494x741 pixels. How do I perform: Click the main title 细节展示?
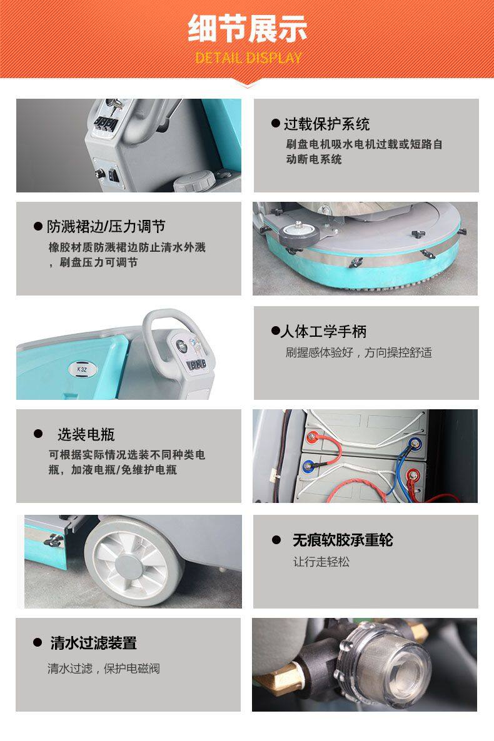[x=248, y=29]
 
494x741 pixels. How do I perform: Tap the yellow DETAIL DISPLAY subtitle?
[x=248, y=58]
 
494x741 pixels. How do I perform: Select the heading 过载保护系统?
[x=326, y=124]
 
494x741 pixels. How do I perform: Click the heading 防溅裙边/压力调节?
[x=106, y=226]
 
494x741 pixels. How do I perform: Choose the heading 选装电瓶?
[x=86, y=434]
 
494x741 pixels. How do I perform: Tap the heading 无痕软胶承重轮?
[x=343, y=540]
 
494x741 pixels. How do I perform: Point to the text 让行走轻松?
[x=321, y=562]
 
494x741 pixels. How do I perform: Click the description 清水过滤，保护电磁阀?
[x=104, y=668]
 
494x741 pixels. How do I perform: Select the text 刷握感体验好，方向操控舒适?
[x=359, y=352]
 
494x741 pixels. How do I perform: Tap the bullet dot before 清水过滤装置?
[x=37, y=642]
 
